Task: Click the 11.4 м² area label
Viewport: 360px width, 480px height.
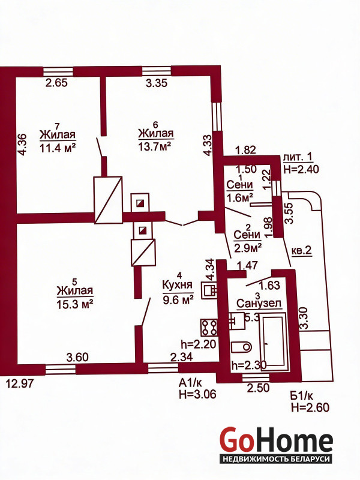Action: tap(58, 148)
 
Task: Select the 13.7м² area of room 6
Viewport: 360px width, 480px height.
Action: tap(155, 146)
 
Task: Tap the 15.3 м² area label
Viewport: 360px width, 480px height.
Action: tap(74, 304)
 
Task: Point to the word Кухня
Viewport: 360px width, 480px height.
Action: tap(178, 284)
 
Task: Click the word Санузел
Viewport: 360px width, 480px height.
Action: tap(259, 304)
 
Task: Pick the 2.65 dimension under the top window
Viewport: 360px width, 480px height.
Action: tap(56, 83)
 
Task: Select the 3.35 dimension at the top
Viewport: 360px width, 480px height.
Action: tap(157, 83)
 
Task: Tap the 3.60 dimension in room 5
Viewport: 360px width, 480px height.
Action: tap(78, 357)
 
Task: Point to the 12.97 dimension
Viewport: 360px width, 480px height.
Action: tap(20, 383)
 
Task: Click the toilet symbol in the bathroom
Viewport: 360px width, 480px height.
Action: tap(241, 347)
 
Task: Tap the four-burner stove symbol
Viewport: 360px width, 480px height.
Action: tap(209, 327)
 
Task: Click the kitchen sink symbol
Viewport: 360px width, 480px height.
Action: tap(209, 290)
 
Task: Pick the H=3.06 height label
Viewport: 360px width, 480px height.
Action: tap(198, 394)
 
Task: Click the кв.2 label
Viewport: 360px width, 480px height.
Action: tap(302, 251)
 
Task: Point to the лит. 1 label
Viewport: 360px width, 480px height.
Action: tap(298, 157)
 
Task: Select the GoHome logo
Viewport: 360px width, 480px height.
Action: tap(276, 445)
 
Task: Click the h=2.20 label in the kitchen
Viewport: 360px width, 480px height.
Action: tap(199, 344)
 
